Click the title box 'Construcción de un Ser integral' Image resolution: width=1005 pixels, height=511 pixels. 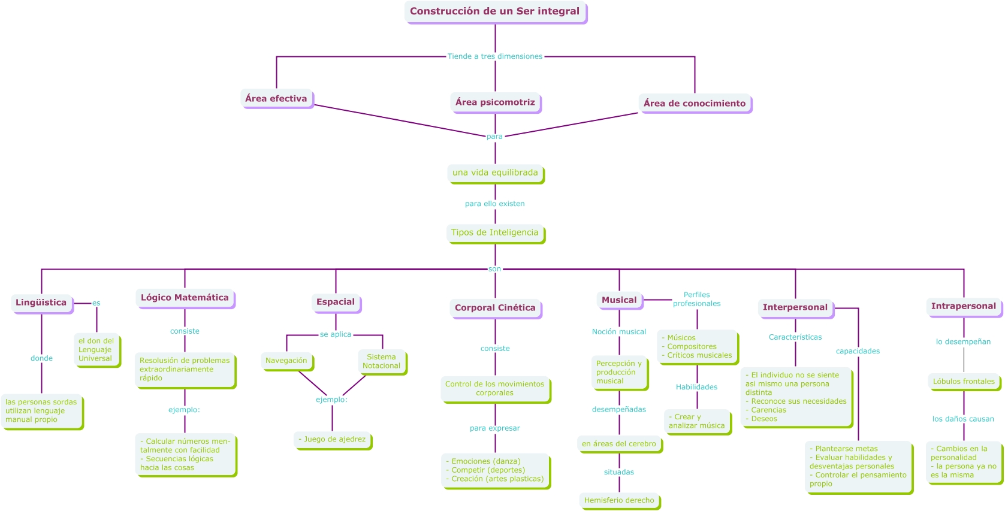[x=495, y=11]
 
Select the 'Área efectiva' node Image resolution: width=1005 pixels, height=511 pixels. [x=276, y=99]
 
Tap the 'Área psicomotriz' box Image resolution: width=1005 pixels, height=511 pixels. [x=495, y=102]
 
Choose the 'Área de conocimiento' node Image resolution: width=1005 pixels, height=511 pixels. [x=695, y=104]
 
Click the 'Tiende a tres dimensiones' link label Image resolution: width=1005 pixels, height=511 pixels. [x=495, y=56]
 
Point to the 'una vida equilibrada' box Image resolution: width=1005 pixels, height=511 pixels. [x=495, y=173]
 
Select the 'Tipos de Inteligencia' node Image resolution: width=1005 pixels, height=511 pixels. [x=495, y=233]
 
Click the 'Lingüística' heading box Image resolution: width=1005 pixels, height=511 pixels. [x=41, y=303]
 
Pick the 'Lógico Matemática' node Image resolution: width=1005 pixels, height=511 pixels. [x=185, y=298]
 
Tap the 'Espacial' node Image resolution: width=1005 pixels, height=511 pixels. [x=336, y=302]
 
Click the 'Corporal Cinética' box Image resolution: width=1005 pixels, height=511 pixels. [x=495, y=308]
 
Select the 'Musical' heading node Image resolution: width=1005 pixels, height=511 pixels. [x=619, y=300]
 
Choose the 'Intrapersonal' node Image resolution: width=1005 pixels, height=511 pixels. [x=964, y=306]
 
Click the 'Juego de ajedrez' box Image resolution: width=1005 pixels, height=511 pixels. [x=333, y=440]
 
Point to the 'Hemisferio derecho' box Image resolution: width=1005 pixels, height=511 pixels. [x=619, y=500]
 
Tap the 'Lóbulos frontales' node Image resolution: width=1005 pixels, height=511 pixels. [x=964, y=382]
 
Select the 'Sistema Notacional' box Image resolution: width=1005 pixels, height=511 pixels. [x=382, y=361]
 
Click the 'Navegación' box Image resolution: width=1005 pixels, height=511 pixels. [x=286, y=361]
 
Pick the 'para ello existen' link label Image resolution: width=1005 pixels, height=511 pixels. [x=495, y=204]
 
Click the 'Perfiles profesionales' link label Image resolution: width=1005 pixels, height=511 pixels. [x=696, y=299]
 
